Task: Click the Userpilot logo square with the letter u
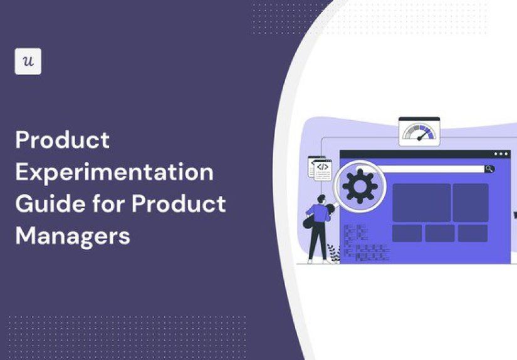pos(28,61)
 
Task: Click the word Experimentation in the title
pos(114,172)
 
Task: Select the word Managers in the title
pos(73,236)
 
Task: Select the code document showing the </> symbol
pos(321,168)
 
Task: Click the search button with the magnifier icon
pos(489,169)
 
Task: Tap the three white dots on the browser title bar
pos(501,154)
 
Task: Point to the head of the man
pos(321,200)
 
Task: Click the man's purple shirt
pos(319,215)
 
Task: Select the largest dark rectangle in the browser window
pos(421,202)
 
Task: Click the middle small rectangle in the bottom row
pos(440,233)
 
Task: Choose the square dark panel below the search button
pos(470,202)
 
